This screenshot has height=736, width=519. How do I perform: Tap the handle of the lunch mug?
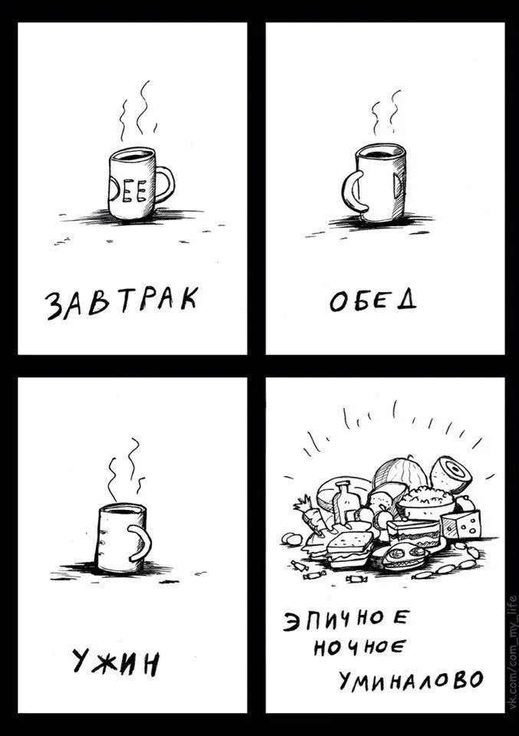pyautogui.click(x=352, y=193)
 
